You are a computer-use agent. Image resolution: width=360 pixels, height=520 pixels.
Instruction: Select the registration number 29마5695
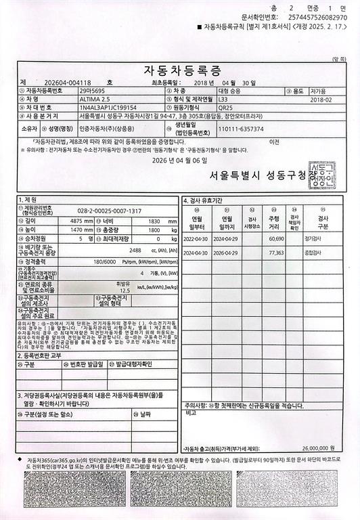[x=93, y=90]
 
